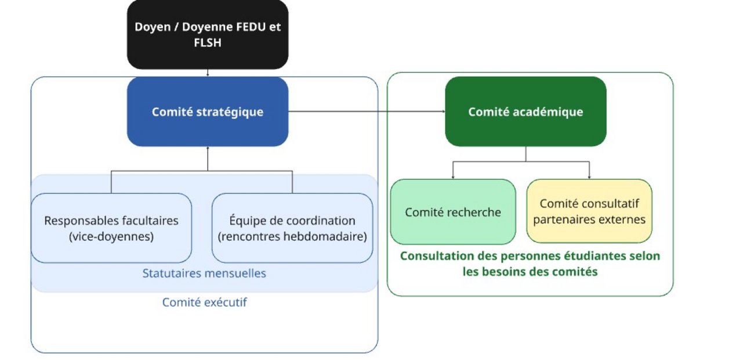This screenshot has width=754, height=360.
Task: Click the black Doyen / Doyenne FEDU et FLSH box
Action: point(207,34)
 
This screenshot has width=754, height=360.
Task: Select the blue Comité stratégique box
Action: point(207,111)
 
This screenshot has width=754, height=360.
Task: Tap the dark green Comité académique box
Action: point(525,111)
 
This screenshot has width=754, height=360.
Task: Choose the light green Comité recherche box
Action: point(452,212)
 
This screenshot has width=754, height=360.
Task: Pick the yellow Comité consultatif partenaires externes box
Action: point(589,211)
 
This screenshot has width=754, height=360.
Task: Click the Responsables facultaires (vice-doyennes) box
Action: point(111,228)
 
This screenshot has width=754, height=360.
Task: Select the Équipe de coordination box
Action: point(292,228)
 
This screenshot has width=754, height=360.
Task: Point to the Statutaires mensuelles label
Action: point(204,273)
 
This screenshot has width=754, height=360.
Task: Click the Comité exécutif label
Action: point(204,302)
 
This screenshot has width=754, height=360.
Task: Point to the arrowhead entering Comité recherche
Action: point(453,177)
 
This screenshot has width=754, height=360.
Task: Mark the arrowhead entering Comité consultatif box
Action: point(589,177)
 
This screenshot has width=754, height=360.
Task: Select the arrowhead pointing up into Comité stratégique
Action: point(207,149)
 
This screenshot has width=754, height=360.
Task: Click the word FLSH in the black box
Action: point(207,42)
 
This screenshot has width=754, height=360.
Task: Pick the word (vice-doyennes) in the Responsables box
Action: point(111,236)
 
